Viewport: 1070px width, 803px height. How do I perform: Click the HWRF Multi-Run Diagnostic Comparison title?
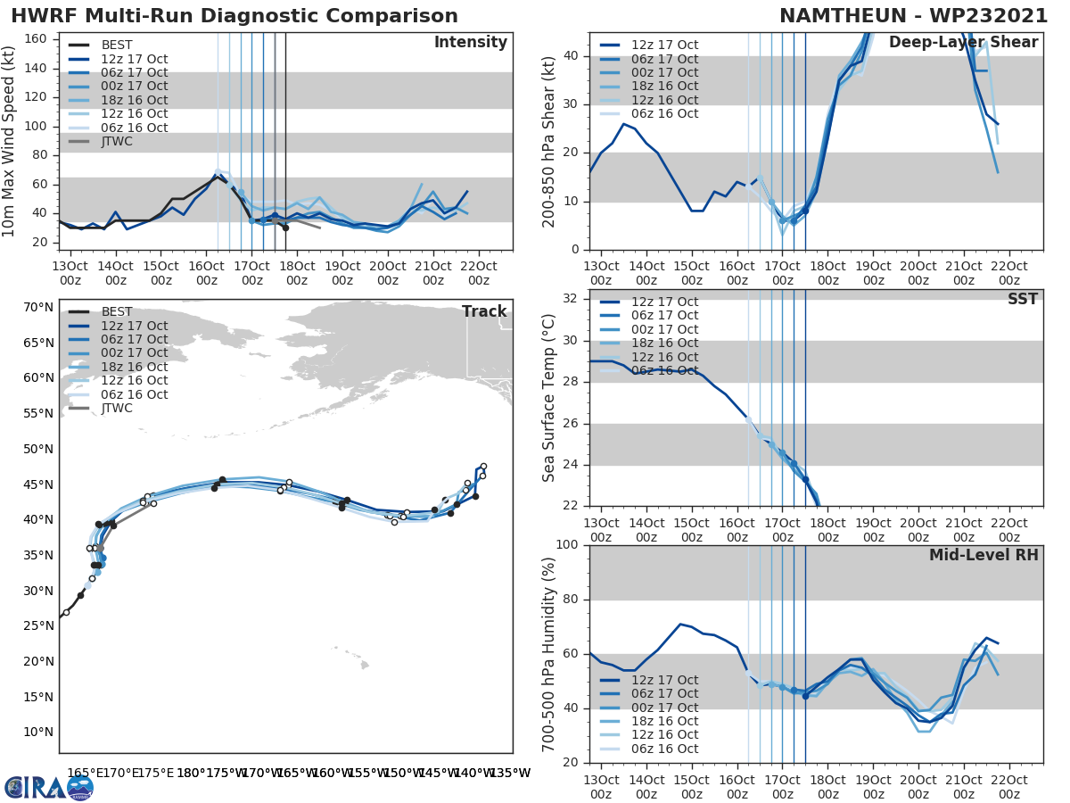pos(235,16)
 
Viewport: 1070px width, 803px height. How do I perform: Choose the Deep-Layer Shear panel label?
pos(963,43)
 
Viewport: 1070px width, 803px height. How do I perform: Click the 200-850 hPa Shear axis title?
pos(550,141)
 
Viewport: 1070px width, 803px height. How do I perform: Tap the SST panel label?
pos(1023,299)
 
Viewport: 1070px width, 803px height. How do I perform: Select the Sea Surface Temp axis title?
pos(550,398)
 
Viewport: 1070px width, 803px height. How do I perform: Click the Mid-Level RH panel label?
pos(984,555)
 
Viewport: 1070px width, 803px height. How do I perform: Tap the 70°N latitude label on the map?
pos(38,307)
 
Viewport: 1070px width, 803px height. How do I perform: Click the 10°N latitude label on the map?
pos(38,732)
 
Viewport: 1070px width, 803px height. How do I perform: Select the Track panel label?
pos(484,311)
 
